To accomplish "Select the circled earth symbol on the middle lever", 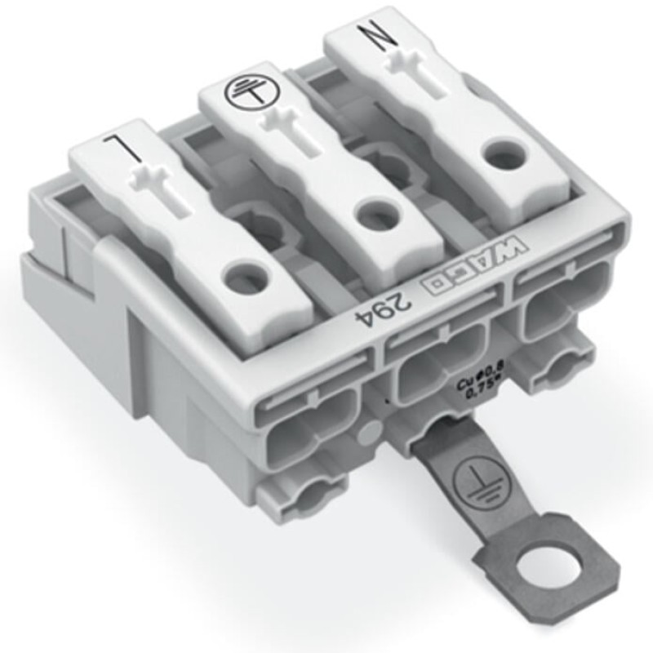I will (241, 90).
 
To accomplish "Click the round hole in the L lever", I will (246, 278).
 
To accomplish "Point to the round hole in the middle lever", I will (375, 215).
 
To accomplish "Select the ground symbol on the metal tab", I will (473, 476).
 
